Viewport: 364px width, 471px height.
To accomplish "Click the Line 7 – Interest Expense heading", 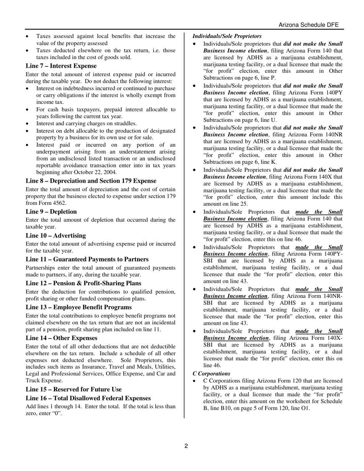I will (x=61, y=66).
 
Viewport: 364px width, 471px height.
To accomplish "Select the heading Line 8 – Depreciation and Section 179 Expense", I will (x=91, y=181).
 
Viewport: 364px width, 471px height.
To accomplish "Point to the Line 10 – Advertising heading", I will (x=56, y=235).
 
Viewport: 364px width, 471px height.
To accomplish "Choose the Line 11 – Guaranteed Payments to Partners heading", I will (x=87, y=259).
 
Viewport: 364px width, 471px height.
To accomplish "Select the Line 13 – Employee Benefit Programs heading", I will (x=79, y=307).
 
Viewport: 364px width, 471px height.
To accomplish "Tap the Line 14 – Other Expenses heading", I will (x=62, y=338).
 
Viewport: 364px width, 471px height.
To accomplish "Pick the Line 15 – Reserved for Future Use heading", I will (x=74, y=389).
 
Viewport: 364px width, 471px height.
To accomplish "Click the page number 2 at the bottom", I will (x=186, y=446).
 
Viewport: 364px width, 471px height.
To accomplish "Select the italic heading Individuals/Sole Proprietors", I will (x=227, y=36).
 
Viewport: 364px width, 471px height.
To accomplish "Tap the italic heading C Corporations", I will (x=211, y=373).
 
